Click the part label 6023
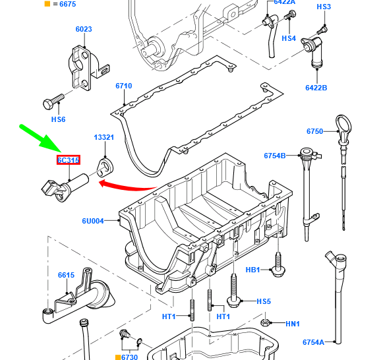coord(84,30)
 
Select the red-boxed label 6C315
coord(68,160)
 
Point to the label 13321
coord(104,138)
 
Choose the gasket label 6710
coord(123,86)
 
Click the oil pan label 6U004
coord(93,221)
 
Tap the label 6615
coord(66,275)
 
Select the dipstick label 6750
coord(314,132)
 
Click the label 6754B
coord(275,156)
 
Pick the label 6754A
coord(313,342)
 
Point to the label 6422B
coord(316,88)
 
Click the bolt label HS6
coord(59,119)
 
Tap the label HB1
coord(252,270)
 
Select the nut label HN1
coord(293,324)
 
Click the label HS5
coord(264,301)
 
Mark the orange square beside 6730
coord(118,357)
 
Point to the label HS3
coord(324,7)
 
